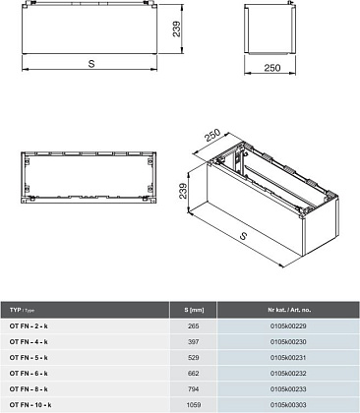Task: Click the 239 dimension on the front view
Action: [176, 29]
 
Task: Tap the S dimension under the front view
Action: [91, 64]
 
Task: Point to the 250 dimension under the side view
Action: [272, 68]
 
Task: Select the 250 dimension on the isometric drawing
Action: [212, 135]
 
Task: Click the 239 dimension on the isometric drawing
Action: [183, 191]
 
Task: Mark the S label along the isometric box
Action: [243, 235]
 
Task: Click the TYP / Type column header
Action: [22, 310]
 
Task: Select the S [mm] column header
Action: [194, 310]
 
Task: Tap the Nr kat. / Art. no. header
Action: [289, 310]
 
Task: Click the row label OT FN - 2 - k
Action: [29, 326]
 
